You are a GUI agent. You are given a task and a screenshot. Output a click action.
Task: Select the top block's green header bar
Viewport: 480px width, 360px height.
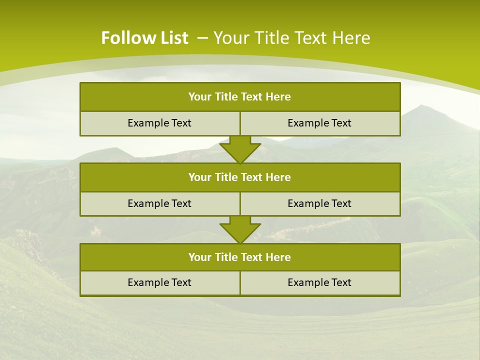240,97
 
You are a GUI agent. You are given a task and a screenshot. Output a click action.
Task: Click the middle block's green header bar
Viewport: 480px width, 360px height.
240,177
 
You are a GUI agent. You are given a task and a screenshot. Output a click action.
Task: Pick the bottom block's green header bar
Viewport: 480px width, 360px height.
240,257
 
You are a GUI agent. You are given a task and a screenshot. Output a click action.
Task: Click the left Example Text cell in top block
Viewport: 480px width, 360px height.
159,123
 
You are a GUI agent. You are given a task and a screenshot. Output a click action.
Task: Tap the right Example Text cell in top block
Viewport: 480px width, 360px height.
319,123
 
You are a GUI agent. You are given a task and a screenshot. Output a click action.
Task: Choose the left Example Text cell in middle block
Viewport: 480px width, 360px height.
159,204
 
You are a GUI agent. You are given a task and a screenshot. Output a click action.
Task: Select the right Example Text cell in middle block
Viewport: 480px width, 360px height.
319,204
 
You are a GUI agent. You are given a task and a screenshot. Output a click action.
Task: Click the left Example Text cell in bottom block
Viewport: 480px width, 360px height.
159,283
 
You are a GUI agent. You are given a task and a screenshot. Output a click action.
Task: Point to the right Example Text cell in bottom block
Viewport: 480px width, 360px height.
319,283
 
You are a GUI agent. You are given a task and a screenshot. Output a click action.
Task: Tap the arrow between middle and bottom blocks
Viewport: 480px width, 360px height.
240,229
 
